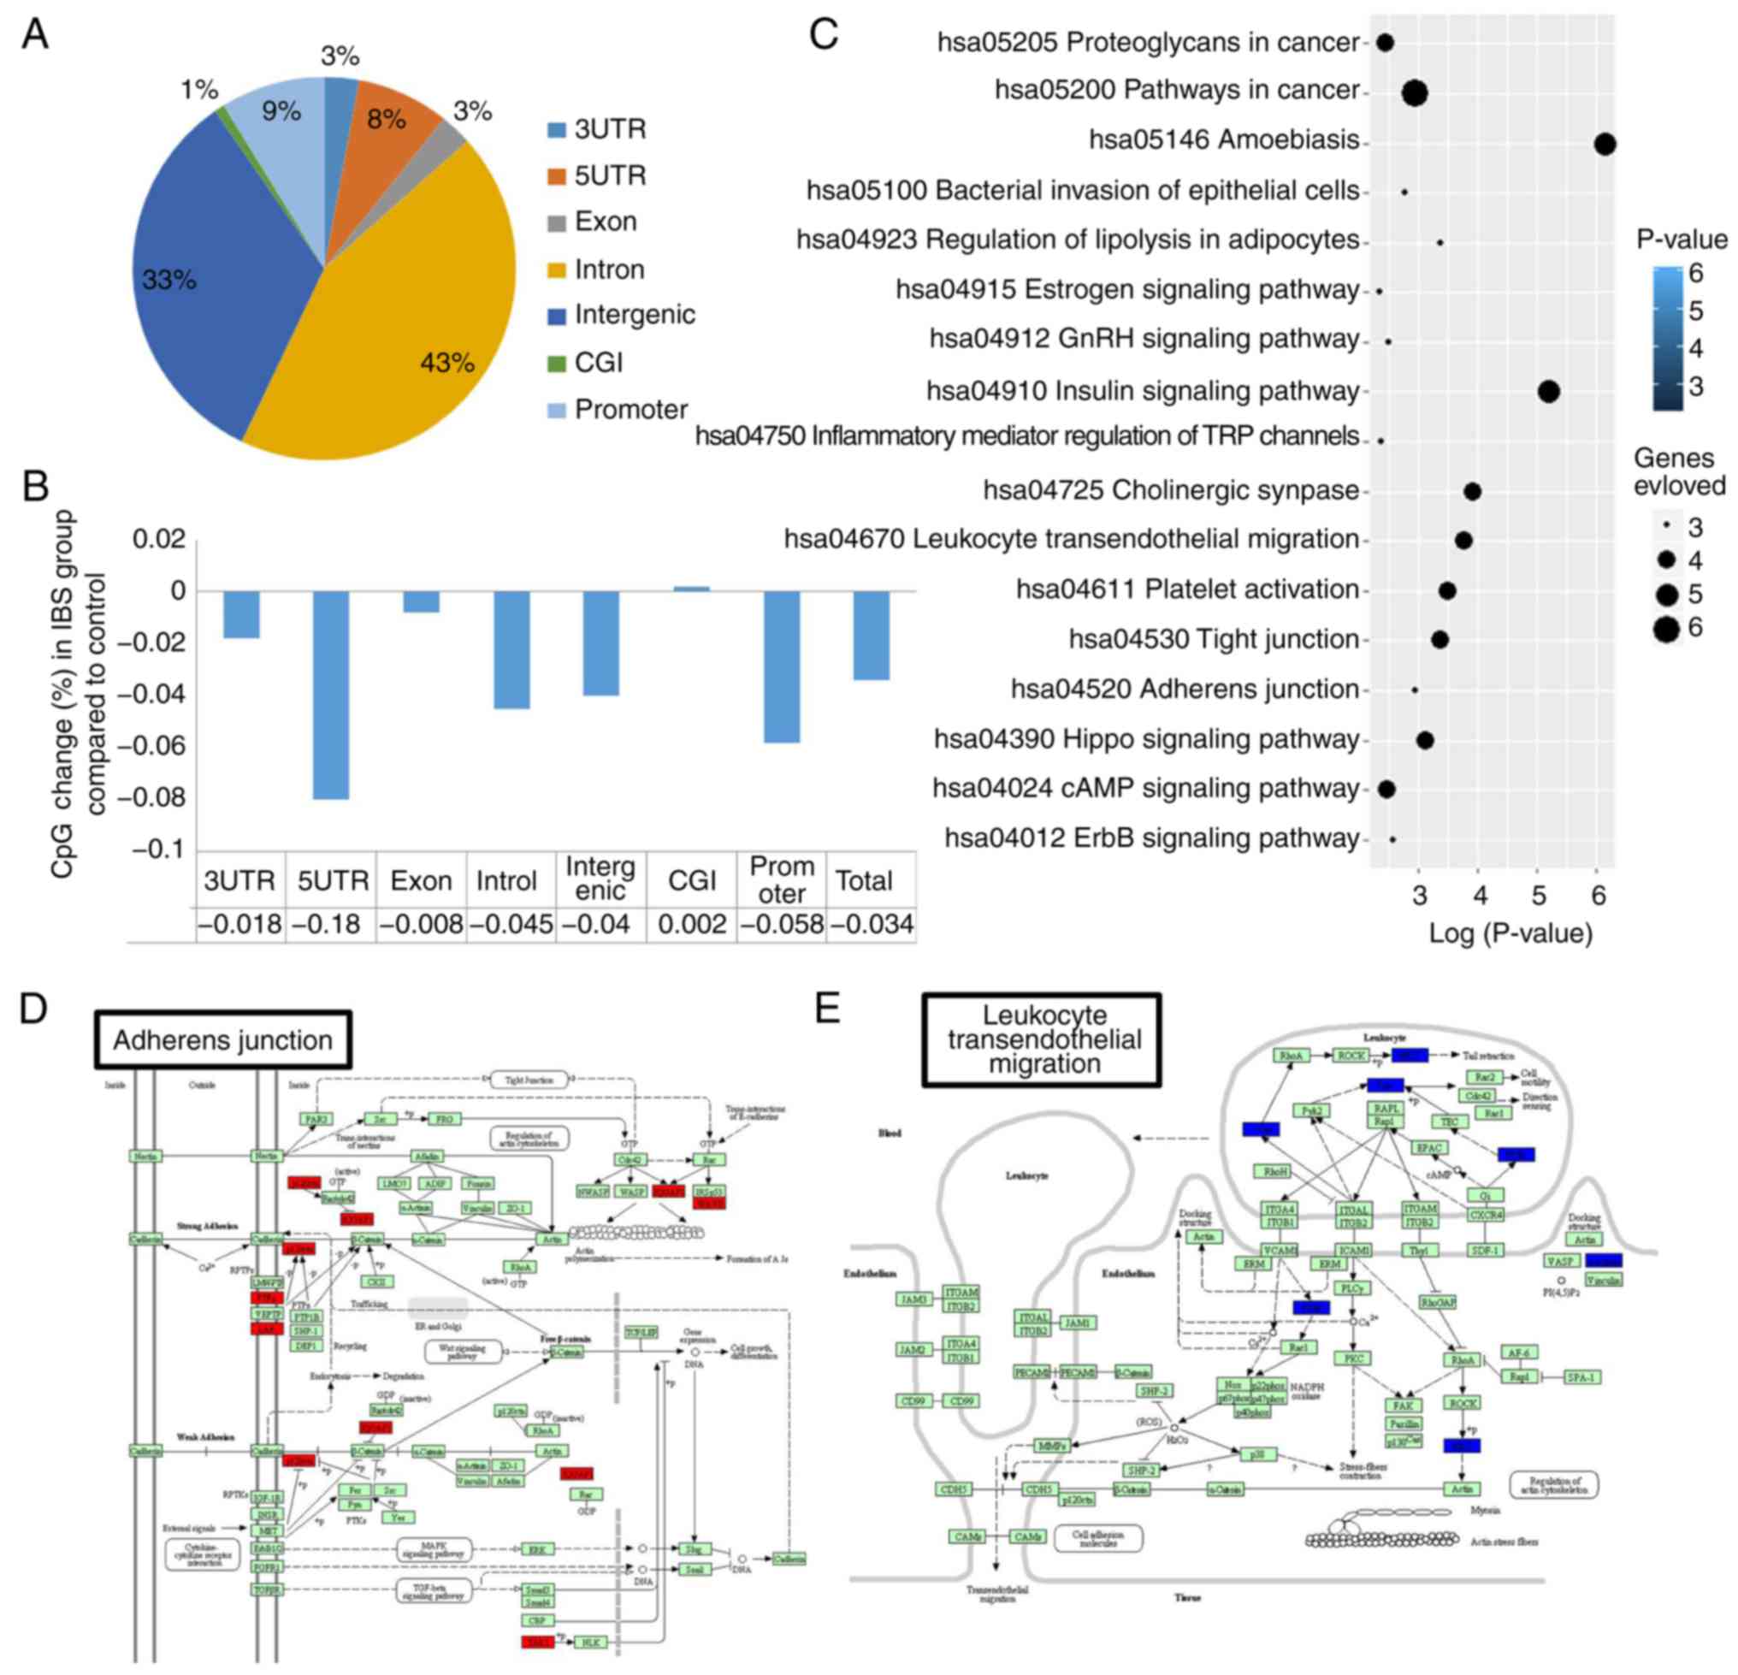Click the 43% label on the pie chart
pos(447,363)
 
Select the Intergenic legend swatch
pos(557,316)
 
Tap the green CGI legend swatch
pos(557,364)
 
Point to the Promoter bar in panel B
pos(782,666)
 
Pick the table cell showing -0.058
pos(782,925)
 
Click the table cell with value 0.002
pos(692,925)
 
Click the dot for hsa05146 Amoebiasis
pos(1604,144)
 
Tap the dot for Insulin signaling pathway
pos(1548,391)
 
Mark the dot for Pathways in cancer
pos(1415,93)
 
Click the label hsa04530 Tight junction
pos(1213,639)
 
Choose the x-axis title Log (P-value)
pos(1510,933)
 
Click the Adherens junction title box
pos(222,1040)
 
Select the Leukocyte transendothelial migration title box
pos(1043,1039)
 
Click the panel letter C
pos(824,35)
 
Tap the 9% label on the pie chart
pos(281,112)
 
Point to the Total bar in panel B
pos(872,635)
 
